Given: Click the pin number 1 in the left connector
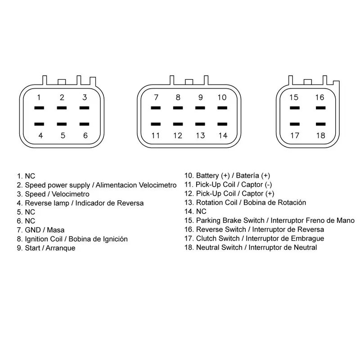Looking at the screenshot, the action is pyautogui.click(x=39, y=98).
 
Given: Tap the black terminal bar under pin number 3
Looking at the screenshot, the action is pyautogui.click(x=85, y=108).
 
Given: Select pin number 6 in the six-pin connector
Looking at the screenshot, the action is pyautogui.click(x=85, y=135).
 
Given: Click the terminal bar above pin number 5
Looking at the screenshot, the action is pyautogui.click(x=62, y=124).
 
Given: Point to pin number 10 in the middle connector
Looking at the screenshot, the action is pyautogui.click(x=222, y=97).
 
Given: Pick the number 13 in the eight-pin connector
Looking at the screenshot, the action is pyautogui.click(x=200, y=135).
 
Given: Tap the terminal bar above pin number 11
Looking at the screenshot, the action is pyautogui.click(x=156, y=124).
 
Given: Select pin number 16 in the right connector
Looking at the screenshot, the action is pyautogui.click(x=319, y=97).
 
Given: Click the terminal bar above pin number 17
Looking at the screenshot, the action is pyautogui.click(x=295, y=124).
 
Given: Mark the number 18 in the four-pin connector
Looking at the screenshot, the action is pyautogui.click(x=321, y=135).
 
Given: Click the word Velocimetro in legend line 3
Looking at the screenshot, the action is pyautogui.click(x=71, y=194).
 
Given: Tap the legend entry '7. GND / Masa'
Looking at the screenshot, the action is pyautogui.click(x=40, y=230).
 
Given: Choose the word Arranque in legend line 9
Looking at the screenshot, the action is pyautogui.click(x=60, y=248).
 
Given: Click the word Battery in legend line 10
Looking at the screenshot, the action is pyautogui.click(x=207, y=175).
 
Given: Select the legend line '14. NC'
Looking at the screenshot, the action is pyautogui.click(x=195, y=211).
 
